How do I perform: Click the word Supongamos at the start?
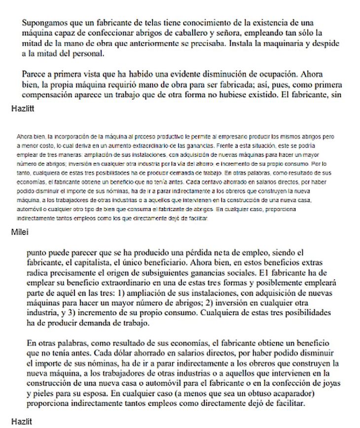[43, 23]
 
